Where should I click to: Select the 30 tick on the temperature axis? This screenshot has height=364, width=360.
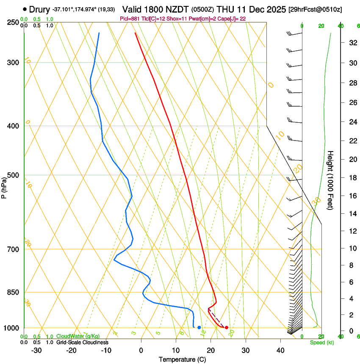246,350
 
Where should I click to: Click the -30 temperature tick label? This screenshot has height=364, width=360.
36,350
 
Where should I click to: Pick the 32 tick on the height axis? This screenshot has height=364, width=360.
352,42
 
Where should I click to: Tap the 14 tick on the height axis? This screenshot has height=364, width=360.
352,214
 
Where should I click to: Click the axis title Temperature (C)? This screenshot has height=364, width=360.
183,359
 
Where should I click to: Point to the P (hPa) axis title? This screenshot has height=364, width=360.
4,186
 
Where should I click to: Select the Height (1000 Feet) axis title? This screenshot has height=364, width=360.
331,180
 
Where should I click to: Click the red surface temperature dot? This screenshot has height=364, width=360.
227,328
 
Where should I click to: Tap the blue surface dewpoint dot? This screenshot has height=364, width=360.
199,328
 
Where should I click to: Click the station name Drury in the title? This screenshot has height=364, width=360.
39,9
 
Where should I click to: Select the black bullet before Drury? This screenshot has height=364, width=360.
25,9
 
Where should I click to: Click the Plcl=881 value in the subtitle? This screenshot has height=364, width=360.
130,18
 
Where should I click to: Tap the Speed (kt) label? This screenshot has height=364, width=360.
322,342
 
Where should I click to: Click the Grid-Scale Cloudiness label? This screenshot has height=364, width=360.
82,342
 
